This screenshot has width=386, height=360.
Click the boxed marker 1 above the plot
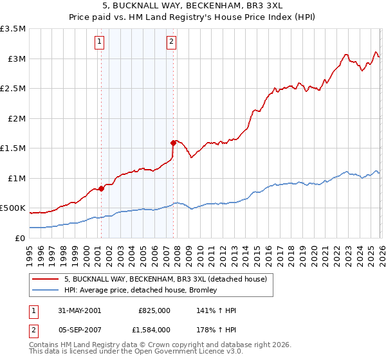100,42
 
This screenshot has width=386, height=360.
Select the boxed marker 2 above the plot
172,42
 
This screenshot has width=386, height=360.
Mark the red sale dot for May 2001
102,189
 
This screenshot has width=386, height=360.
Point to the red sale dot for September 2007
173,143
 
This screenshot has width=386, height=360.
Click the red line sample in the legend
46,279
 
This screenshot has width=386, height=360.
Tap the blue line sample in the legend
46,290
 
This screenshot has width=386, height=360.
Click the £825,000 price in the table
154,310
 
